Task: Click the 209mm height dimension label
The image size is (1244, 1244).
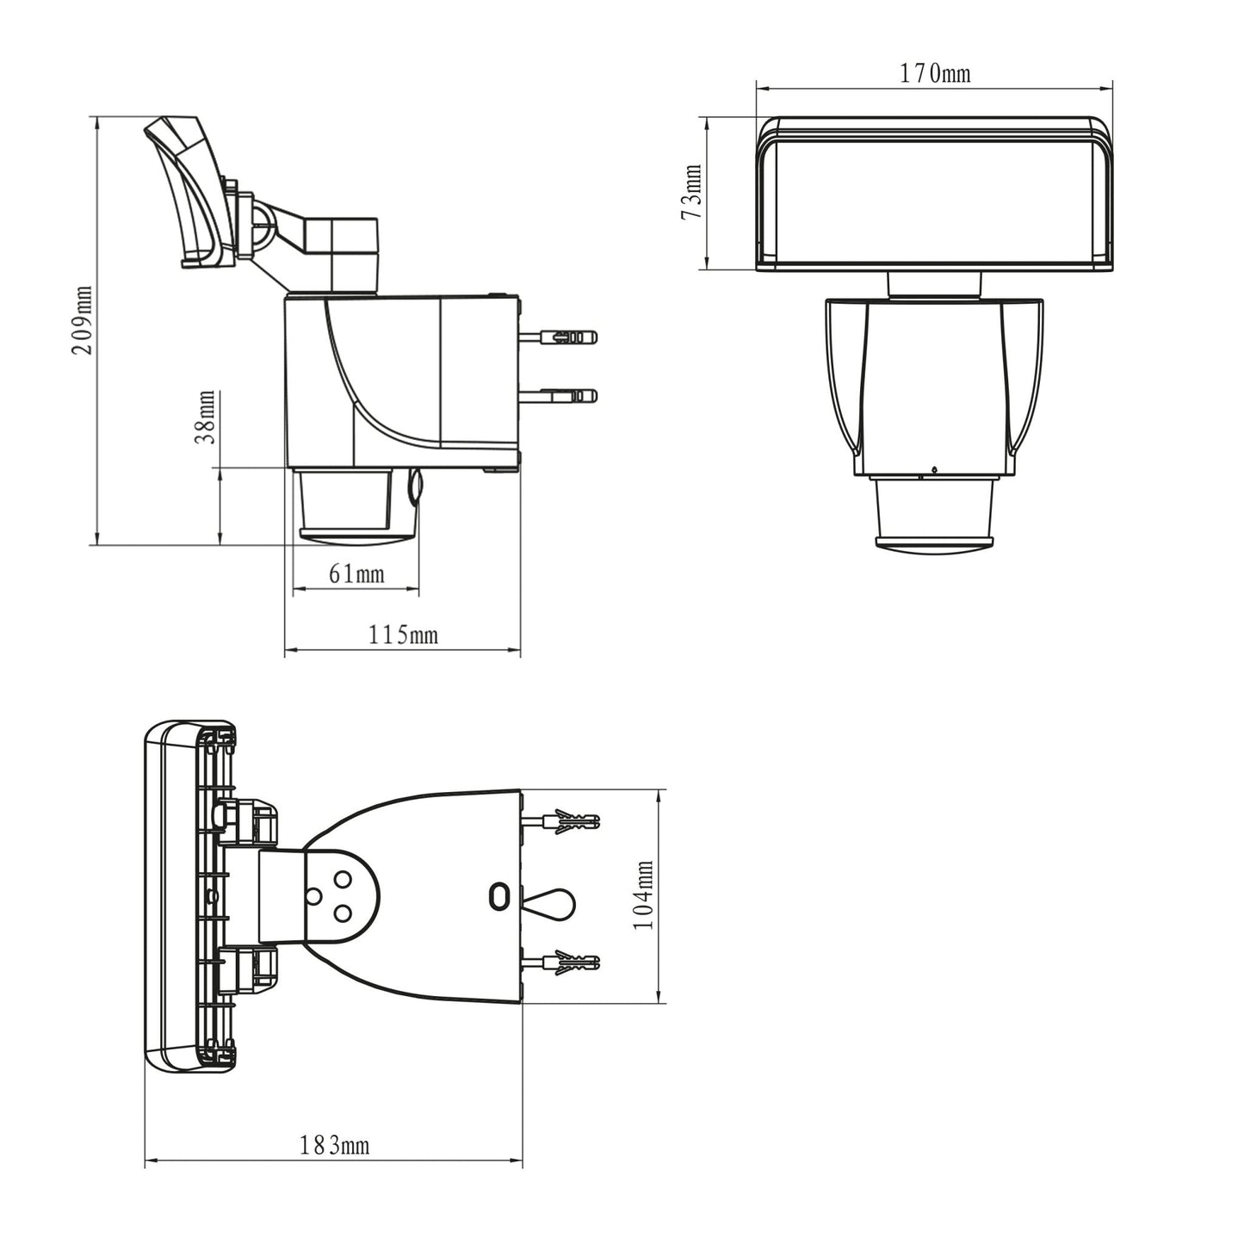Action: click(x=82, y=320)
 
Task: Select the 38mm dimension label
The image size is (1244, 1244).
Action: click(x=205, y=417)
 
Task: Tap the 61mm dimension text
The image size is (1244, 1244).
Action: click(x=356, y=573)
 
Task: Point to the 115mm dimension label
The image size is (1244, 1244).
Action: click(x=403, y=635)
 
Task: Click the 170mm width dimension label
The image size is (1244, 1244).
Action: click(x=935, y=74)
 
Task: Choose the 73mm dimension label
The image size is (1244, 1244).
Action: click(x=691, y=193)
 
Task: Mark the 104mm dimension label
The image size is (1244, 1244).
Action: click(x=643, y=895)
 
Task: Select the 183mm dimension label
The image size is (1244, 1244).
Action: click(x=334, y=1146)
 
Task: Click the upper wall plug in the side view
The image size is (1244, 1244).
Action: click(x=560, y=337)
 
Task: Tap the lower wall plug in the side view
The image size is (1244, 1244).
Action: click(x=560, y=396)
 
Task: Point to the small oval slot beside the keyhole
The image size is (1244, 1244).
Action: click(x=498, y=897)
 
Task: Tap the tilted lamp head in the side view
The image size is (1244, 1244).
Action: click(x=189, y=194)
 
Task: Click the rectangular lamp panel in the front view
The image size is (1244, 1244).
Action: click(x=934, y=194)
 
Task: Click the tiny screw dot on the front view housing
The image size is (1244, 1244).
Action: click(x=933, y=469)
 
